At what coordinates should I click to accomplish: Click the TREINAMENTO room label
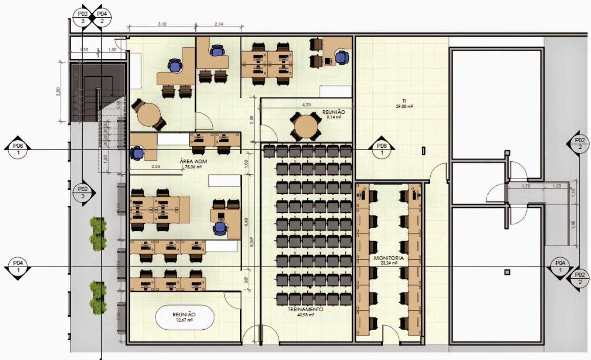[305, 309]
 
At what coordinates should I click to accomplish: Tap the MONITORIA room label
[388, 258]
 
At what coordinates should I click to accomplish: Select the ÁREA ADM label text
[193, 161]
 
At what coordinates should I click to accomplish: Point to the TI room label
[404, 100]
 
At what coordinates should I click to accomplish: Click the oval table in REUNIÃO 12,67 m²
[184, 317]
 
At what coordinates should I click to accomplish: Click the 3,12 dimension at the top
[162, 24]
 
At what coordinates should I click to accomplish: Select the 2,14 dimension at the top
[219, 24]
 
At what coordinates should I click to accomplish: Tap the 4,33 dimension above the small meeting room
[306, 105]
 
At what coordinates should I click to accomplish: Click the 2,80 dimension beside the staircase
[58, 91]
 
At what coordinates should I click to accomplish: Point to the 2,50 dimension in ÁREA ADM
[156, 167]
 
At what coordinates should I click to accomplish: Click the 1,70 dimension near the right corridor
[526, 186]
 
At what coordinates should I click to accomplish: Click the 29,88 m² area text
[404, 106]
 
